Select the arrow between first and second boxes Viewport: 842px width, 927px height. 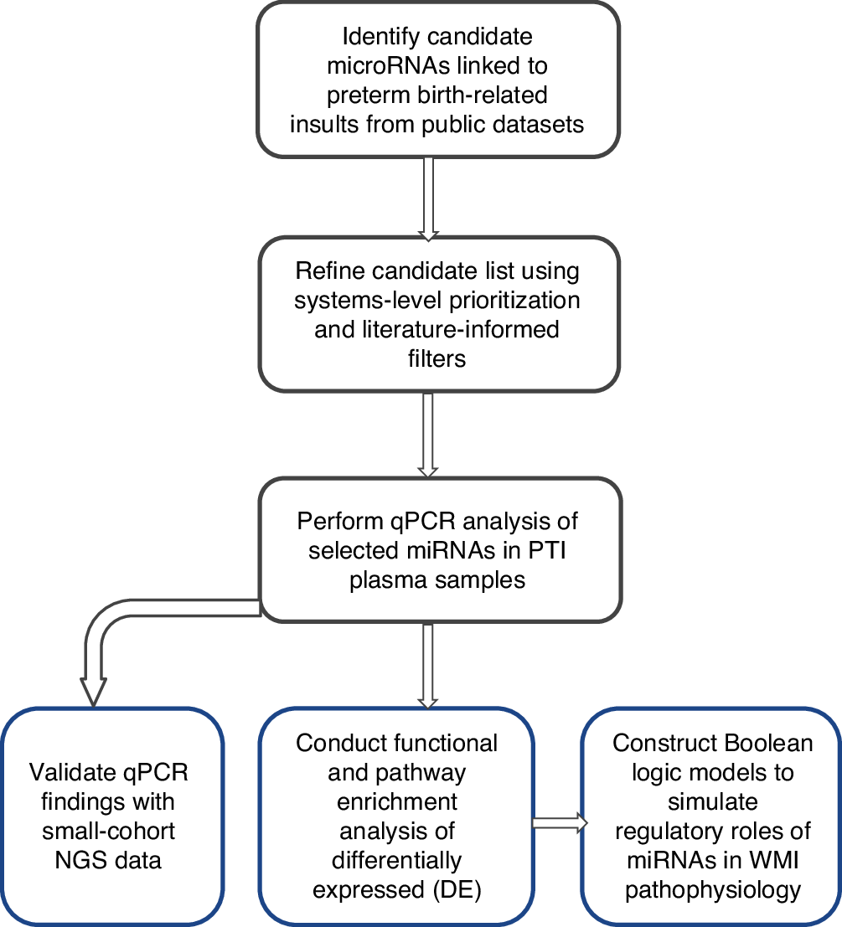pyautogui.click(x=429, y=196)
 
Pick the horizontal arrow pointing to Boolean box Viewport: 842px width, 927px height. pyautogui.click(x=560, y=824)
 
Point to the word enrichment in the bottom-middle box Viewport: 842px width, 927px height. pyautogui.click(x=397, y=801)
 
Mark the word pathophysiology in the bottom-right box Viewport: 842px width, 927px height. pyautogui.click(x=712, y=889)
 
